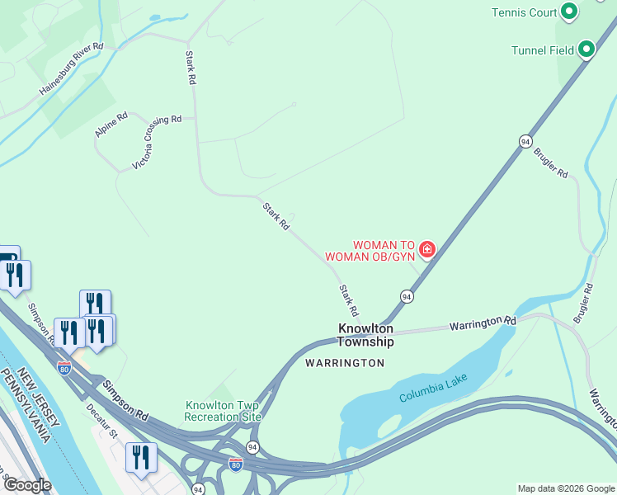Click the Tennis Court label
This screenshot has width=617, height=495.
pyautogui.click(x=524, y=12)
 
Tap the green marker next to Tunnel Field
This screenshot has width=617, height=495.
pyautogui.click(x=586, y=49)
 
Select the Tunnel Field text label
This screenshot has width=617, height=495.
pyautogui.click(x=543, y=50)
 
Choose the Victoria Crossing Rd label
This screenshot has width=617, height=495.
pyautogui.click(x=157, y=142)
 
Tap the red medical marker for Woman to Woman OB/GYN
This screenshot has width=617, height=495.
pyautogui.click(x=426, y=248)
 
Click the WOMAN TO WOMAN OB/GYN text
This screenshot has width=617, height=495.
pyautogui.click(x=370, y=251)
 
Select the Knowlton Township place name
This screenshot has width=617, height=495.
pyautogui.click(x=366, y=335)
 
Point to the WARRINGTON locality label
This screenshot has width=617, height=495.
pyautogui.click(x=345, y=363)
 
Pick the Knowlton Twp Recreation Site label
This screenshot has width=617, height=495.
pyautogui.click(x=223, y=411)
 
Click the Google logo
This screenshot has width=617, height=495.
pyautogui.click(x=26, y=485)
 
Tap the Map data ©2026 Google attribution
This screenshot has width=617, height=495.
pyautogui.click(x=565, y=488)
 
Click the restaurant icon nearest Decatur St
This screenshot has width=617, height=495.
pyautogui.click(x=140, y=456)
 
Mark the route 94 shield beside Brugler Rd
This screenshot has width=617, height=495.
pyautogui.click(x=525, y=142)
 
